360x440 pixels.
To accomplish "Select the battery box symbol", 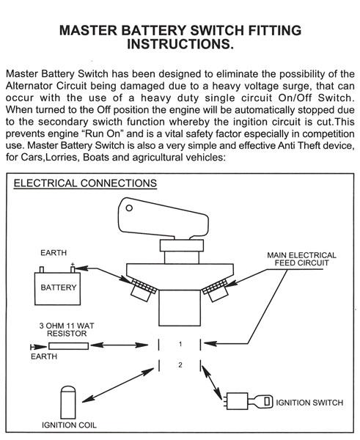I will (x=57, y=287).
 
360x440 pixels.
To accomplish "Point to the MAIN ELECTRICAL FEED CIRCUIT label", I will (x=301, y=260).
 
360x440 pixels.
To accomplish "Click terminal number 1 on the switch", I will (x=180, y=343).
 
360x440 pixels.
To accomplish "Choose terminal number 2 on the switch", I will (x=180, y=364).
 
